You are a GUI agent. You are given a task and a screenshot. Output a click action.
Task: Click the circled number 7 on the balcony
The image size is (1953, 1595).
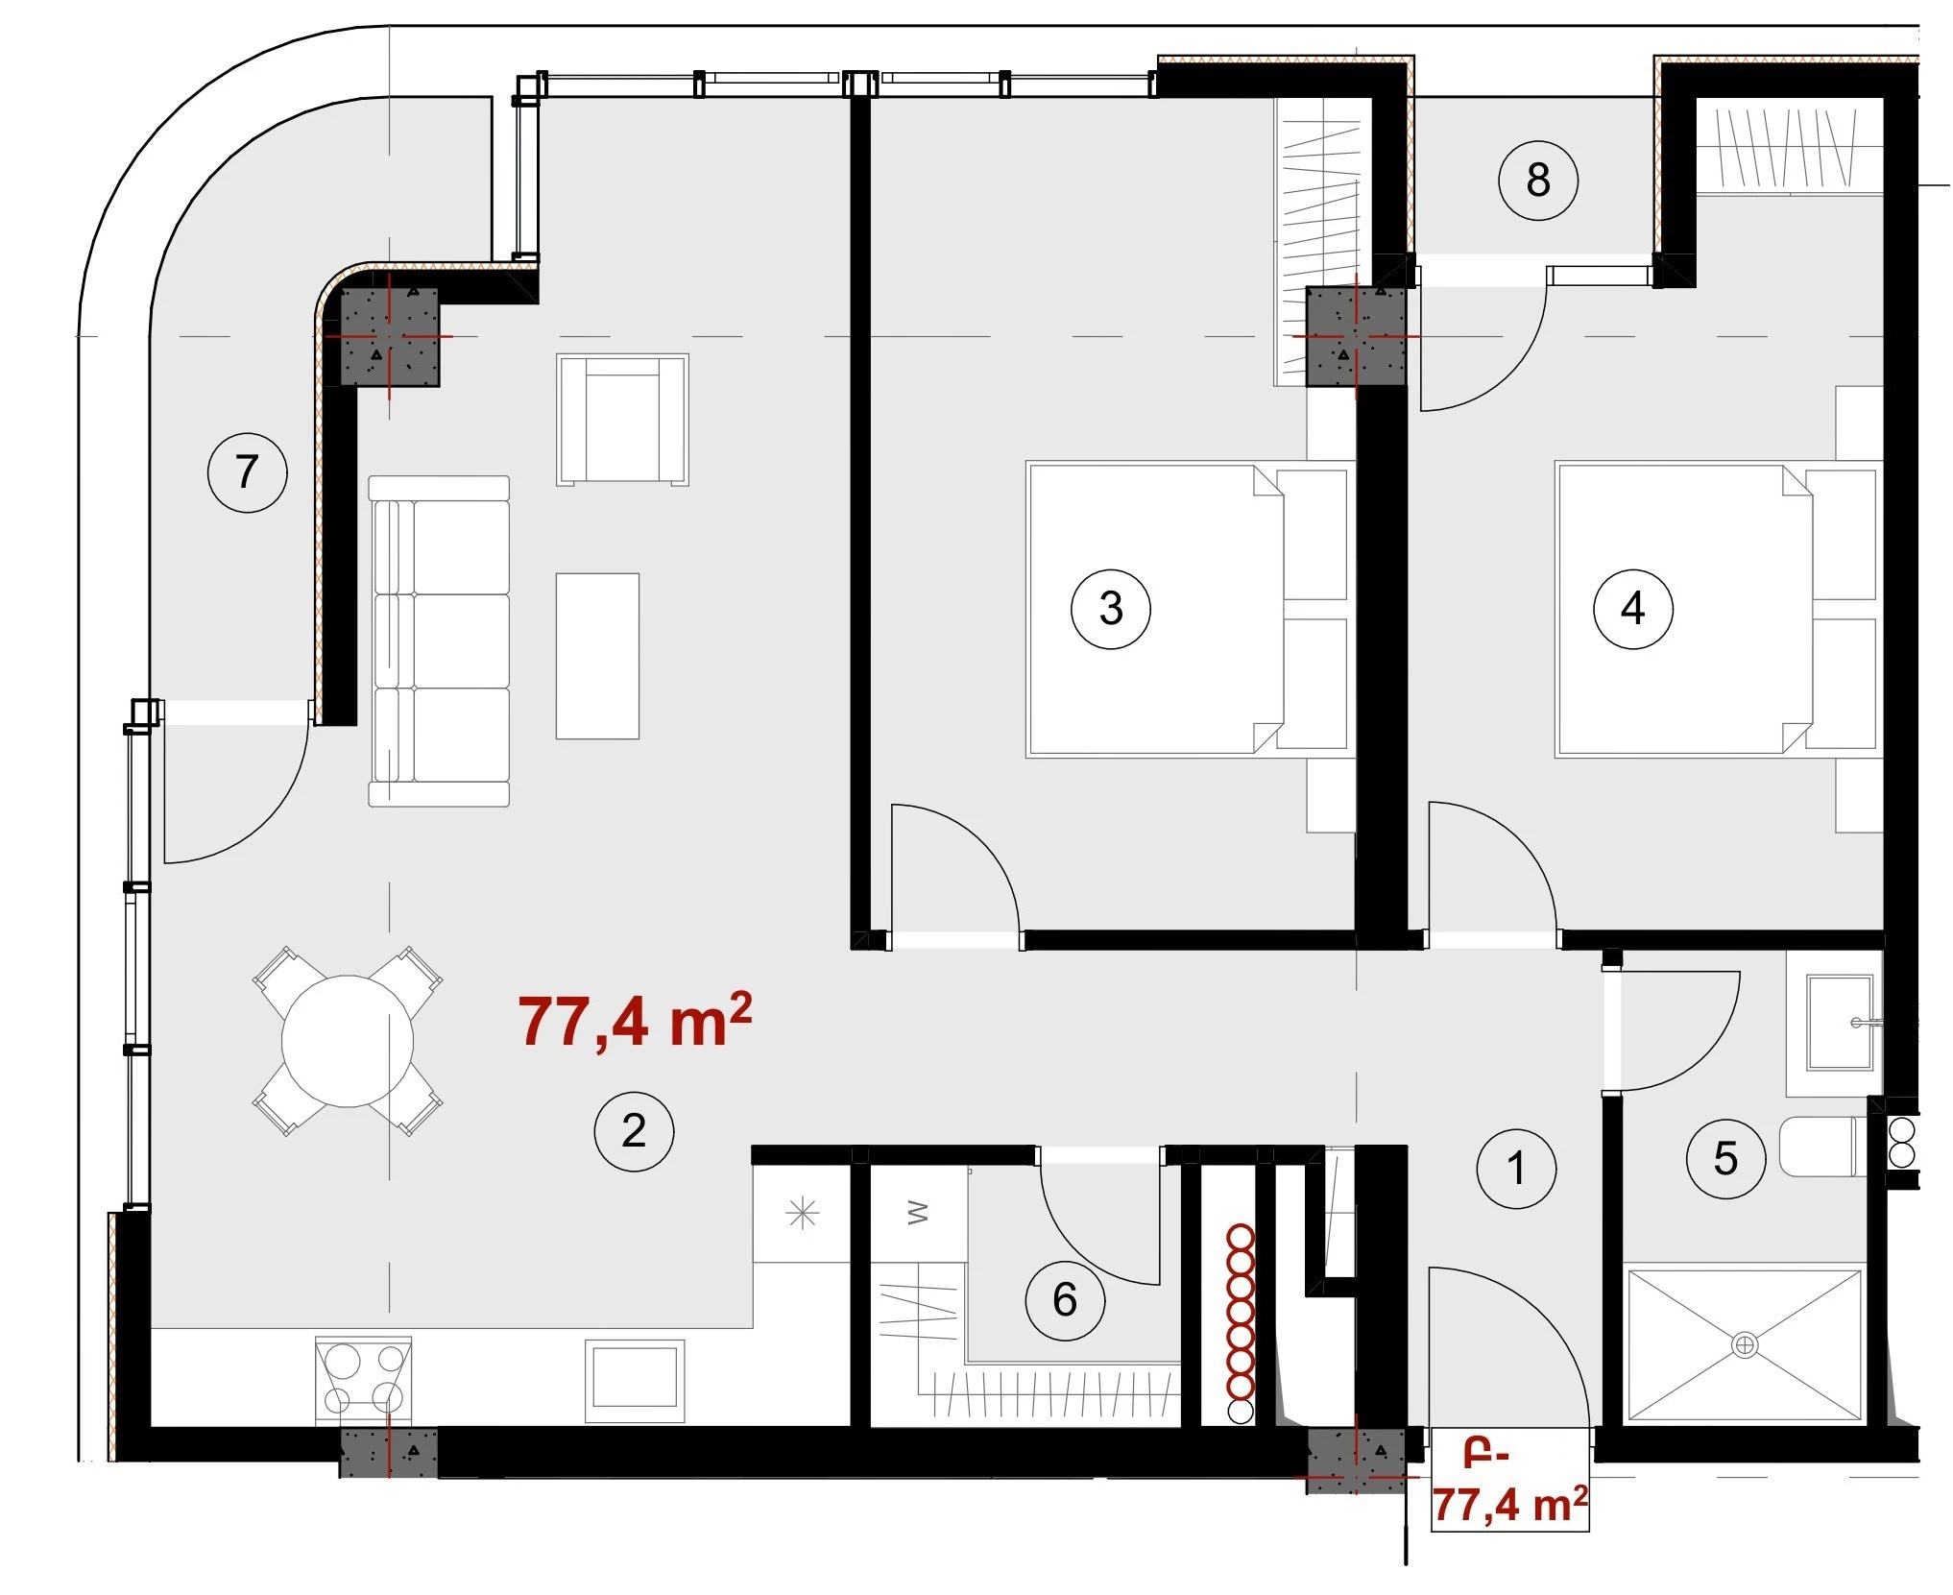click(x=248, y=472)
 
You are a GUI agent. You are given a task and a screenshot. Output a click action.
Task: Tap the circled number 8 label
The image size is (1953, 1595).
click(x=1538, y=181)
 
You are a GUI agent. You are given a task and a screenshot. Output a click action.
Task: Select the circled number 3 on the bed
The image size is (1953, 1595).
click(x=1111, y=609)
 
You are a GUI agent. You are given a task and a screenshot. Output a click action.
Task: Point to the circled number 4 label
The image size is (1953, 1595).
click(x=1633, y=609)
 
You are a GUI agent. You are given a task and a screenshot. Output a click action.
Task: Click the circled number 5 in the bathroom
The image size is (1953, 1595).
click(x=1725, y=1159)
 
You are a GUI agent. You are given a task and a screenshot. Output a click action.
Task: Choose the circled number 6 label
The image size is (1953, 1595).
click(x=1065, y=1301)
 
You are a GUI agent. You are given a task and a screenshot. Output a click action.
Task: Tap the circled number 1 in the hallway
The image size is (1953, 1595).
click(x=1516, y=1169)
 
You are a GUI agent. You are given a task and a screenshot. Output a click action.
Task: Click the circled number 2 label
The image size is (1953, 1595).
click(x=634, y=1131)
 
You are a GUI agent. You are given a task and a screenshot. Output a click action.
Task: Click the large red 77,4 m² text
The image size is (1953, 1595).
click(x=635, y=1021)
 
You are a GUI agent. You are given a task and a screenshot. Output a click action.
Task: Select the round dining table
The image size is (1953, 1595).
click(x=348, y=1041)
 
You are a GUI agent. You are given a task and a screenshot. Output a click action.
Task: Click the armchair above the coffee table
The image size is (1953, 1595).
click(x=623, y=420)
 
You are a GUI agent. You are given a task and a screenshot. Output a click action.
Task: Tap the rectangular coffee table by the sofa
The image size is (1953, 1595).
click(x=597, y=656)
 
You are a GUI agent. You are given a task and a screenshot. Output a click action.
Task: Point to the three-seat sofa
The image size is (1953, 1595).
click(x=439, y=640)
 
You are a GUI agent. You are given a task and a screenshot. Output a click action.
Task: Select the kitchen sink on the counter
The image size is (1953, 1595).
click(x=636, y=1381)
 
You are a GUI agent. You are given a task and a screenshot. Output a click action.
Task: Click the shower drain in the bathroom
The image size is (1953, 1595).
click(x=1745, y=1345)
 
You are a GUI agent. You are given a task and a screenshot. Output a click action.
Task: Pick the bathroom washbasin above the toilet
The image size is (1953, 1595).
click(x=1840, y=1023)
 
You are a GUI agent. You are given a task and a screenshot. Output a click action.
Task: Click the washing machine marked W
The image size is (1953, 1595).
click(x=918, y=1215)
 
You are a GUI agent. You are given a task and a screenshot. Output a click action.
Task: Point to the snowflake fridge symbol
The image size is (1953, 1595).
click(x=802, y=1215)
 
